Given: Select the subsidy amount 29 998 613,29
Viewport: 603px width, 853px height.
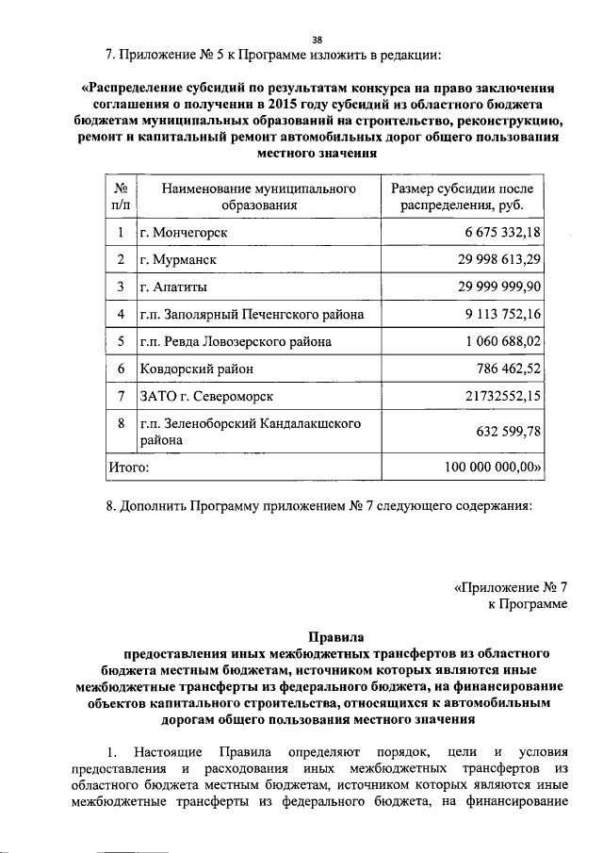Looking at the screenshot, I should [499, 259].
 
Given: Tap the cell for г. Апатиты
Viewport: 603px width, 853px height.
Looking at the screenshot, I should [174, 287].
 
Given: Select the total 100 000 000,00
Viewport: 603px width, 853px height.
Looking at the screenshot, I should [495, 466].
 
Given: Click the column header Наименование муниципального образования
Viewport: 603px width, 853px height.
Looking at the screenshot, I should [259, 196].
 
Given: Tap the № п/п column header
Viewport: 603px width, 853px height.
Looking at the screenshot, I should [120, 196].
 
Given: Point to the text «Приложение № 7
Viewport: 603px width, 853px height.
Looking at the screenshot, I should [511, 585].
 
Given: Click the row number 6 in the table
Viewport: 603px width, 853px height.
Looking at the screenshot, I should [120, 369].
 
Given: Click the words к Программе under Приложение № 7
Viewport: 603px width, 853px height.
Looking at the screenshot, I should [528, 603].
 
